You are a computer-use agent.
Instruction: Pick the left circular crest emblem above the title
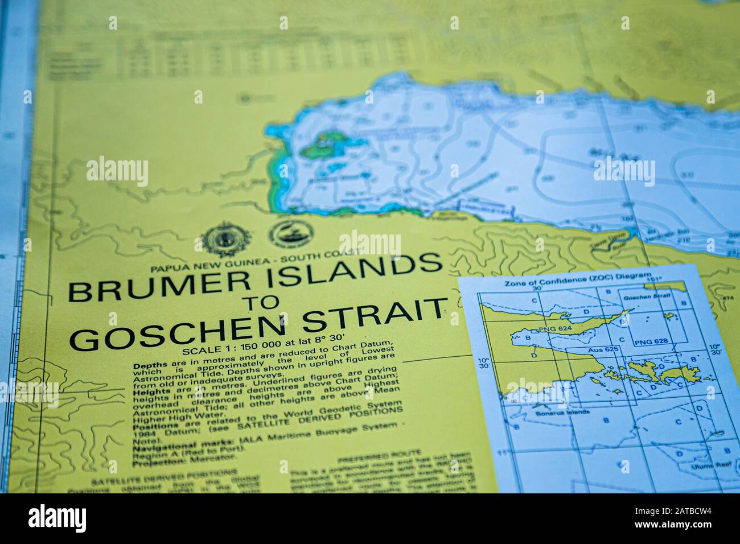(220, 238)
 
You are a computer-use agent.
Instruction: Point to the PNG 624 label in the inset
(550, 330)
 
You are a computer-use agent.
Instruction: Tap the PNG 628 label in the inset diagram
(651, 342)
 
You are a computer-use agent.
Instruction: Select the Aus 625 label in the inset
(603, 351)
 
